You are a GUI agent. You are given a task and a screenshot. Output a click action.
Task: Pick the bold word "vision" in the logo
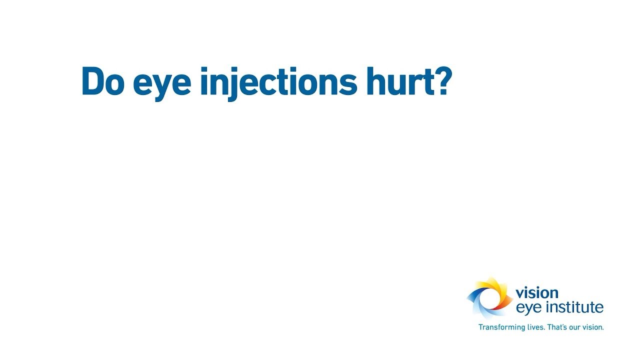pyautogui.click(x=536, y=293)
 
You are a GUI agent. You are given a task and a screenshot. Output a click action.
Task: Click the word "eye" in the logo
pyautogui.click(x=528, y=307)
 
